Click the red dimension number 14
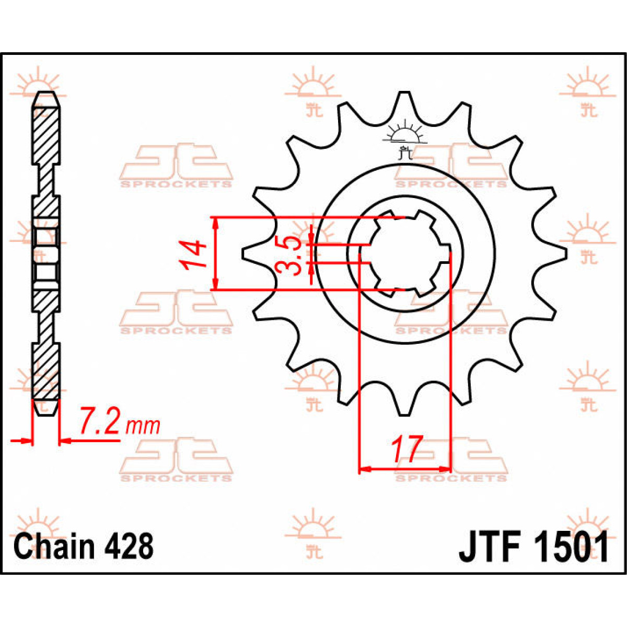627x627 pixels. [192, 254]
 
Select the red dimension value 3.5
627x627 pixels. [288, 256]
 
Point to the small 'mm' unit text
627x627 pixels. [143, 426]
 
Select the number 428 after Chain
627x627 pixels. [129, 547]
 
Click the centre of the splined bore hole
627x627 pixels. [405, 254]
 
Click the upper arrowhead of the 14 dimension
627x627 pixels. [215, 223]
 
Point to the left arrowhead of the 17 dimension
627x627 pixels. [365, 469]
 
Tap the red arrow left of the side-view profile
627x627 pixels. [22, 442]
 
